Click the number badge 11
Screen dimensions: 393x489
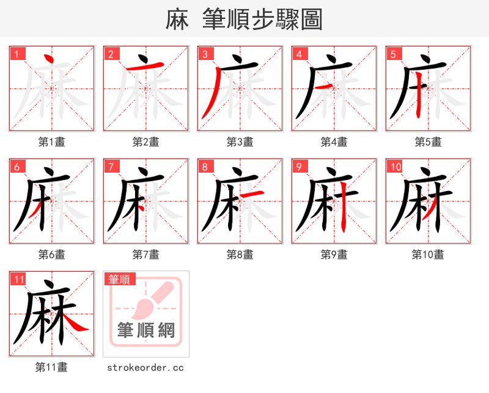(19, 280)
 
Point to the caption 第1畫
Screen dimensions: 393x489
(52, 142)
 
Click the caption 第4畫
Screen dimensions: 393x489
(334, 142)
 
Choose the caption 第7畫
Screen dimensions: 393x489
(146, 255)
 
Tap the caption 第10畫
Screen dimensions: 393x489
(428, 255)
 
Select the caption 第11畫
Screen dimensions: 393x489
(52, 367)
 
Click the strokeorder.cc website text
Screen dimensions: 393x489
(145, 367)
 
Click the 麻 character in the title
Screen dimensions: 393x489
(177, 20)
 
